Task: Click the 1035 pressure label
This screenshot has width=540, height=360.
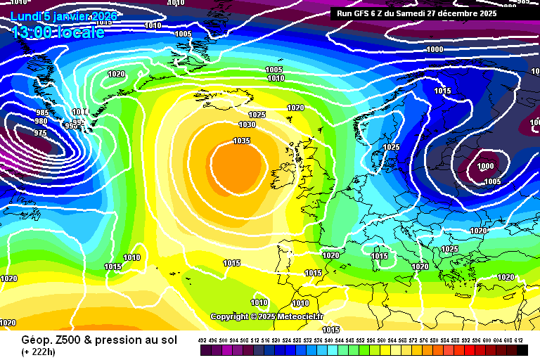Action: coord(241,141)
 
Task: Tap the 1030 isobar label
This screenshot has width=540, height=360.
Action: coord(247,124)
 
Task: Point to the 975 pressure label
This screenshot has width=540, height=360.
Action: coord(40,133)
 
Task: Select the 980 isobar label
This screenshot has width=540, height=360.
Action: coord(41,121)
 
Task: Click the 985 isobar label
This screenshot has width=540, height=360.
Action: coord(43,112)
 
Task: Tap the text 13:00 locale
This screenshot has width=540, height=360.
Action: coord(58,31)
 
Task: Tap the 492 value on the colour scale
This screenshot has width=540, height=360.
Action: coord(202,340)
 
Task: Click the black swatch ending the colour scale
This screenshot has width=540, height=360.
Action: coord(522,349)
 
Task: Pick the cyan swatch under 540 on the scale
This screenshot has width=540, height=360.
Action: coord(329,349)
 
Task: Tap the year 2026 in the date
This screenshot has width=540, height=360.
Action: coord(103,15)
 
